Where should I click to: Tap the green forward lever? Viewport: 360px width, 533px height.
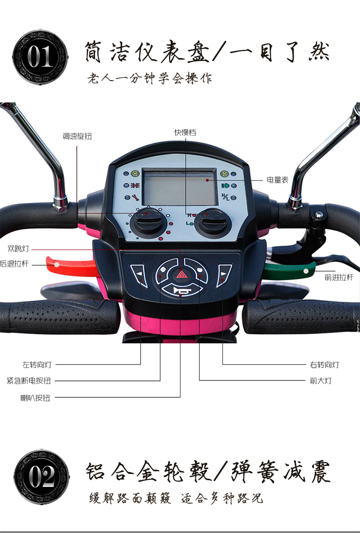point(288,270)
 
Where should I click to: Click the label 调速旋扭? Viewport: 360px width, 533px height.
point(77,136)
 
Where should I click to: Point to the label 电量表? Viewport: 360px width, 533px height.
point(277,180)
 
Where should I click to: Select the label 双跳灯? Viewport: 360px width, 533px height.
point(18,249)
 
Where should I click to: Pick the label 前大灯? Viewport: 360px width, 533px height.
point(321,381)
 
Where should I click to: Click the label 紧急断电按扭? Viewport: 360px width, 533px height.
point(29,381)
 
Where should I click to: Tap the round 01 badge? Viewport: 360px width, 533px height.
point(41,58)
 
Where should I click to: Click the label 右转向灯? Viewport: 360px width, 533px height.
point(324,365)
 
